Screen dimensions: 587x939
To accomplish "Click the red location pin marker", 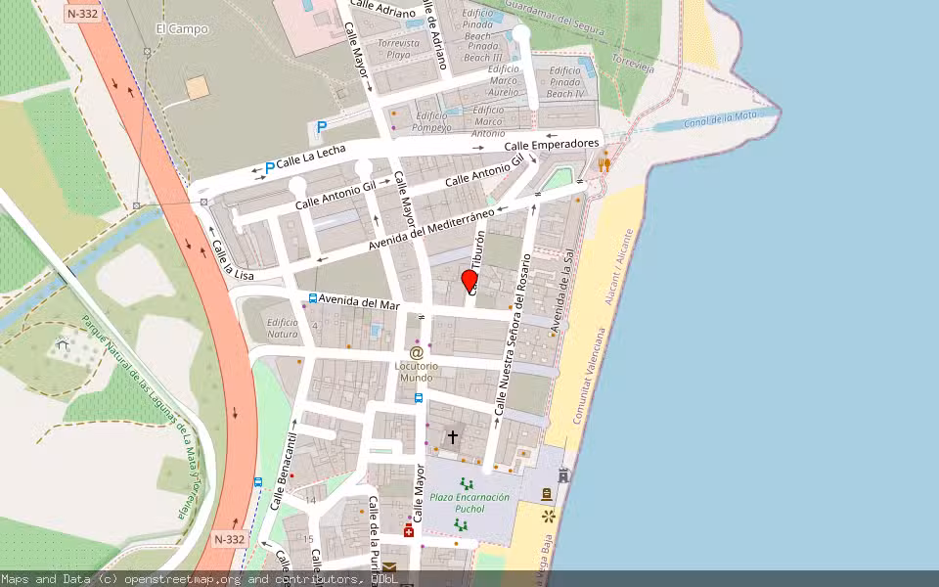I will point(469,281).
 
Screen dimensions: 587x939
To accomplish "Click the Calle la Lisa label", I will point(233,261).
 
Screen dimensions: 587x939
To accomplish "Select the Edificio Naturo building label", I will point(283,328).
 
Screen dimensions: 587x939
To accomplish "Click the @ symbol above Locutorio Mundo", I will point(416,352).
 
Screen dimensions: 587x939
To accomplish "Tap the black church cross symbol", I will point(452,436).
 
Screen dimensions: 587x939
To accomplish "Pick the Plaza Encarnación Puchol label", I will point(469,503).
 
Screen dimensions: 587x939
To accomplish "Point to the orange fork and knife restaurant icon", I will point(604,164).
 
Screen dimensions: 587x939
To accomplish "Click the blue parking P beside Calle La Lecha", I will point(269,168).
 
